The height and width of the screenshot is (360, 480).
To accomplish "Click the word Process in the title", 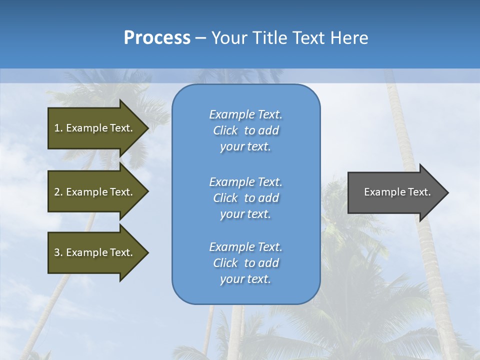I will pos(157,38).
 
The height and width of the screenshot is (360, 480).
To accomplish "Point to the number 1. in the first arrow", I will pos(58,128).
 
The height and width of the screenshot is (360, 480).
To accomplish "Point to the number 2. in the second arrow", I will pos(58,192).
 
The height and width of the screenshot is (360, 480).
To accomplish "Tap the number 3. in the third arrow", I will pos(58,252).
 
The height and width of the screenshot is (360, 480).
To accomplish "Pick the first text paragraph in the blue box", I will pos(245,130).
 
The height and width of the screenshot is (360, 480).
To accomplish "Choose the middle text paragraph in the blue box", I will pos(245,198).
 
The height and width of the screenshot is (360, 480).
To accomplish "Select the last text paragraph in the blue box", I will pos(245,263).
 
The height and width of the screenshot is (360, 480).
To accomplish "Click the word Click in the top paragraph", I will pos(225,130).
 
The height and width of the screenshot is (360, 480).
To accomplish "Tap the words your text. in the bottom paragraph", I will pos(245,279).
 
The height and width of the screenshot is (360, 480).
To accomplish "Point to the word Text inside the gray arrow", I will pos(419,192).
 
